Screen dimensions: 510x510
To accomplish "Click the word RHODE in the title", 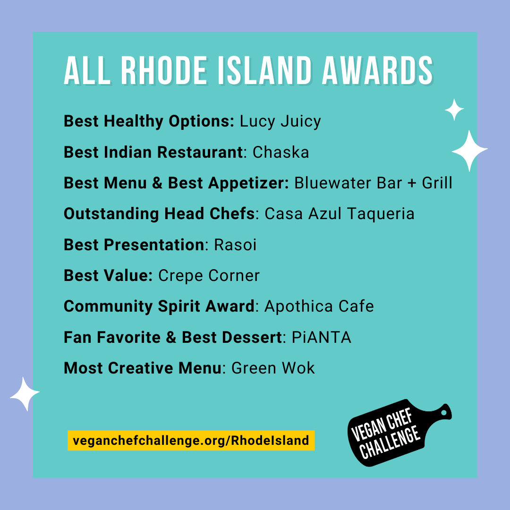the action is [164, 70].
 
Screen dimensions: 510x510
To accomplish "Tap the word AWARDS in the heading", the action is [378, 70].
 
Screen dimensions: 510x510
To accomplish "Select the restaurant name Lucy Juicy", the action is [280, 122].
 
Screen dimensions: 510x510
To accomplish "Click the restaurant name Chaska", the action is [280, 152].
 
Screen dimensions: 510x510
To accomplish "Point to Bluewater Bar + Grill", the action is [374, 183].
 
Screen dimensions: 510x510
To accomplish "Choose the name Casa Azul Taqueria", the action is [340, 214].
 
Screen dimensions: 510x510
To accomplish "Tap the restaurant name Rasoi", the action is [235, 245].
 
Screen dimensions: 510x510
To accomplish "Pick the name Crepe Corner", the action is [209, 276].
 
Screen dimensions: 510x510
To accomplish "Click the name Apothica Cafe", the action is [319, 306].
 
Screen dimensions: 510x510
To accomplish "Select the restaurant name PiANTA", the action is [322, 337].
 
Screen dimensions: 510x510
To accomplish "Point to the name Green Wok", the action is [273, 368].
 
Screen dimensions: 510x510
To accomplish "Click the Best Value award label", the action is [108, 275].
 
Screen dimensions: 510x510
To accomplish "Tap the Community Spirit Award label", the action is [159, 306].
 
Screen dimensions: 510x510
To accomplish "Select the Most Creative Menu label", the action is [143, 368].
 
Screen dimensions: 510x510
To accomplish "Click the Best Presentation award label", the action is [134, 245].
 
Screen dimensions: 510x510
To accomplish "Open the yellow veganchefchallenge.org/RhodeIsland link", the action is [191, 441].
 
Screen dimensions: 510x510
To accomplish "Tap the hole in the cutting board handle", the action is [443, 412].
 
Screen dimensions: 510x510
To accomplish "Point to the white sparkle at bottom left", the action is [25, 393].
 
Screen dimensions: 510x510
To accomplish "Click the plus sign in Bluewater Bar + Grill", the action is [412, 183].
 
